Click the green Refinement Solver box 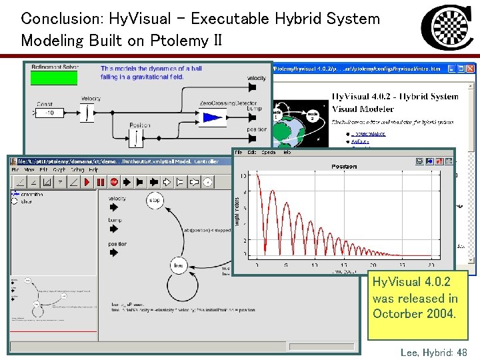54,78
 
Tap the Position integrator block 137,137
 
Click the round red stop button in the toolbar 113,182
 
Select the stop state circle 155,200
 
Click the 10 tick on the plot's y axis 244,176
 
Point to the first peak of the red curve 251,177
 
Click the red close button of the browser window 471,68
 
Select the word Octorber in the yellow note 396,313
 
